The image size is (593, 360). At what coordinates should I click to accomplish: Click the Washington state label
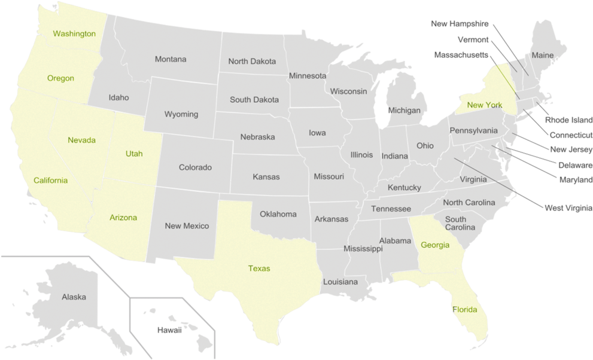pos(74,33)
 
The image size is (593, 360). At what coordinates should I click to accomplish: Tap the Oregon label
pos(61,78)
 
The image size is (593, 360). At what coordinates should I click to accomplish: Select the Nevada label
pos(81,140)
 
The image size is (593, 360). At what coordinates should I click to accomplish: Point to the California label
pos(50,181)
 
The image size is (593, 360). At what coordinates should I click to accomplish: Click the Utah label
pos(134,154)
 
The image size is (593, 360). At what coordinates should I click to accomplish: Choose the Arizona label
pos(123,218)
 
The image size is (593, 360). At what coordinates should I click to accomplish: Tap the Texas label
pos(259,269)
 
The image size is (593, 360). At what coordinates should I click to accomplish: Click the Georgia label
pos(435,245)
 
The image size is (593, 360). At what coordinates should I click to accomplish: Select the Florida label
pos(465,310)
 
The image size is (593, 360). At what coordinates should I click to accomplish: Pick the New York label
pos(485,105)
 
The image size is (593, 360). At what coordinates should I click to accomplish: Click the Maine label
pos(543,56)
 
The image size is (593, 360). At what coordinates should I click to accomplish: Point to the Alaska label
pos(74,297)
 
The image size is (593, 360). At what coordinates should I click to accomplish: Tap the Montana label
pos(171,59)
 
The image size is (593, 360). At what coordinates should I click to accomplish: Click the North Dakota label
pos(252,62)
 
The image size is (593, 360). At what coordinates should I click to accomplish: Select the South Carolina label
pos(460,224)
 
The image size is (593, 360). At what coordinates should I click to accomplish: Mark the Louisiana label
pos(340,282)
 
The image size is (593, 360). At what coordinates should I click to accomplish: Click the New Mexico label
pos(187,226)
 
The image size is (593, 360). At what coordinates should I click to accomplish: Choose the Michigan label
pos(405,111)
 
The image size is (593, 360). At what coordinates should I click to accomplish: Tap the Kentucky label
pos(405,188)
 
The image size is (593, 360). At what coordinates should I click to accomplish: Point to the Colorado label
pos(195,167)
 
